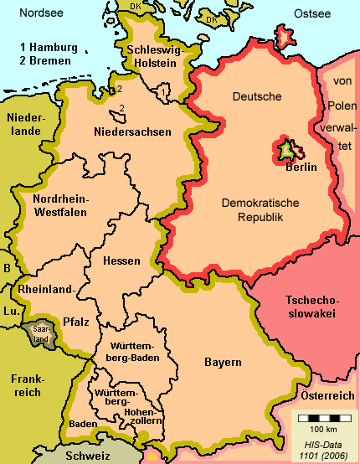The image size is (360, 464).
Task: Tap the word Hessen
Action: tap(121, 261)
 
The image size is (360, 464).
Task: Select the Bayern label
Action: tap(223, 363)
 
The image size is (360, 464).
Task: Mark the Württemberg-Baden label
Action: tap(127, 353)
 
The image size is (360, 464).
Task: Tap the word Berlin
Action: tap(300, 167)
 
